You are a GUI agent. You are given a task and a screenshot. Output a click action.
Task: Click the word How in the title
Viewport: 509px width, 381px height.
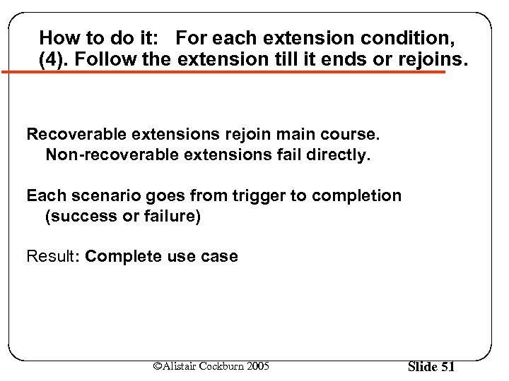(x=57, y=37)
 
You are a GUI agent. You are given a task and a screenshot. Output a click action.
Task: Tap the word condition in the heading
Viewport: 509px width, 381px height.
(x=397, y=37)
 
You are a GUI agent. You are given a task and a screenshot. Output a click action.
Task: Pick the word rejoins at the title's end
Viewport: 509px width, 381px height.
(x=432, y=59)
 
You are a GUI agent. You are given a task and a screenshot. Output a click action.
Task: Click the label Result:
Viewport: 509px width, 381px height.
(x=53, y=256)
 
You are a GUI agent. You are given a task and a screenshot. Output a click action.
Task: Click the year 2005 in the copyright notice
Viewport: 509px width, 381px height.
(x=257, y=365)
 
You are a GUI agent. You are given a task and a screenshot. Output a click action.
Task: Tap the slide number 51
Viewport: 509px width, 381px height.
(x=447, y=366)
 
